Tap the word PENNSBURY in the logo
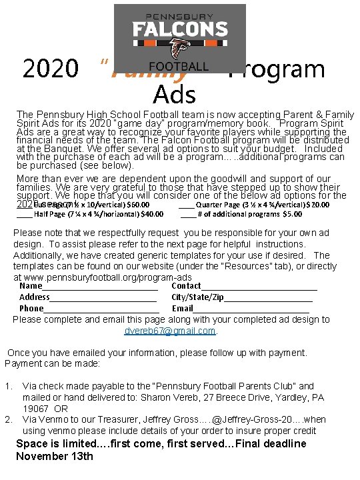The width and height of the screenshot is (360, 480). (179, 14)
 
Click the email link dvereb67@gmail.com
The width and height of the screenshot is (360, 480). (170, 331)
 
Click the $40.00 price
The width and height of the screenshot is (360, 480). (153, 215)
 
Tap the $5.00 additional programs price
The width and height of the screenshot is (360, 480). (292, 215)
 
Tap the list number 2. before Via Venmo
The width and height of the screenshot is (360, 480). (9, 419)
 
